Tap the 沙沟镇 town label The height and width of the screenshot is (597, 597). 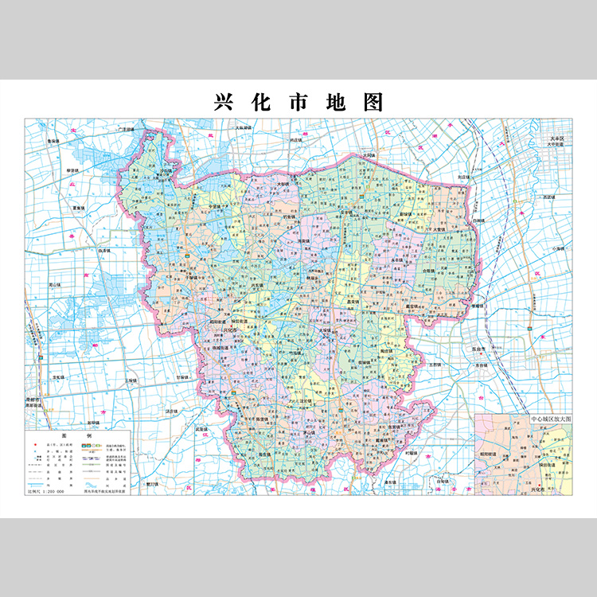tap(166, 169)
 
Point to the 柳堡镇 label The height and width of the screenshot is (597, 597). tap(73, 170)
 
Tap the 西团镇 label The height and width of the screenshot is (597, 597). tap(548, 196)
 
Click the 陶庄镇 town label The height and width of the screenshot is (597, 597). tap(387, 349)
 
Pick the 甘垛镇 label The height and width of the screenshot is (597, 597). tap(181, 377)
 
